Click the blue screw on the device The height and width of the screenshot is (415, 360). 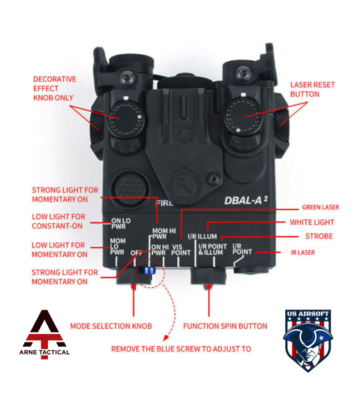149,271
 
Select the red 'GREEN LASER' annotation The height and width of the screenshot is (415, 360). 320,207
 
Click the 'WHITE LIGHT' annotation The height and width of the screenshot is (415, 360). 312,222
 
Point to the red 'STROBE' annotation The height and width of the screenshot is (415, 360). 318,236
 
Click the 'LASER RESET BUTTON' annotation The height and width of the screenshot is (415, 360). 305,90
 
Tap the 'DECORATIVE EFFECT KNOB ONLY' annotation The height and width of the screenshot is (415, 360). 55,89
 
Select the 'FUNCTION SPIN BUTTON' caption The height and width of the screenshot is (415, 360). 225,326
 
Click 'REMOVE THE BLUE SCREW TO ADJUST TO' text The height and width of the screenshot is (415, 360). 181,349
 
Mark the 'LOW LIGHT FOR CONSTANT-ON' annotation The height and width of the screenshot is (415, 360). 59,221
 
